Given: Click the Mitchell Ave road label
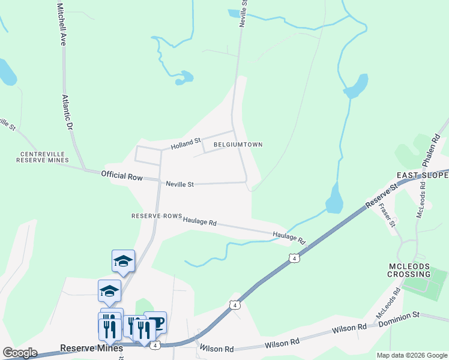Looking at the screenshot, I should click(61, 24).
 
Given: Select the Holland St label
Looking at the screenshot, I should click(185, 143).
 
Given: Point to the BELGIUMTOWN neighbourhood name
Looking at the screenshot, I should click(234, 145).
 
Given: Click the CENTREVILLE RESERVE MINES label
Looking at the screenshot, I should click(42, 158).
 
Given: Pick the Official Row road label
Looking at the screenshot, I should click(122, 176).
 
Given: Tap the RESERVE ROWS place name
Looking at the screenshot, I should click(156, 216).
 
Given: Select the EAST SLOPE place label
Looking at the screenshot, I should click(423, 175).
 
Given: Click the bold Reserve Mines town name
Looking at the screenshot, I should click(91, 348).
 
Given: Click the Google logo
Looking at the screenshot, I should click(20, 353).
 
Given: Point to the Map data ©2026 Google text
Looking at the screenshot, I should click(411, 355).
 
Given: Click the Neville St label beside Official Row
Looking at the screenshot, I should click(180, 185).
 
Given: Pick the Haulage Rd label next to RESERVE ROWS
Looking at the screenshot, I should click(200, 221).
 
